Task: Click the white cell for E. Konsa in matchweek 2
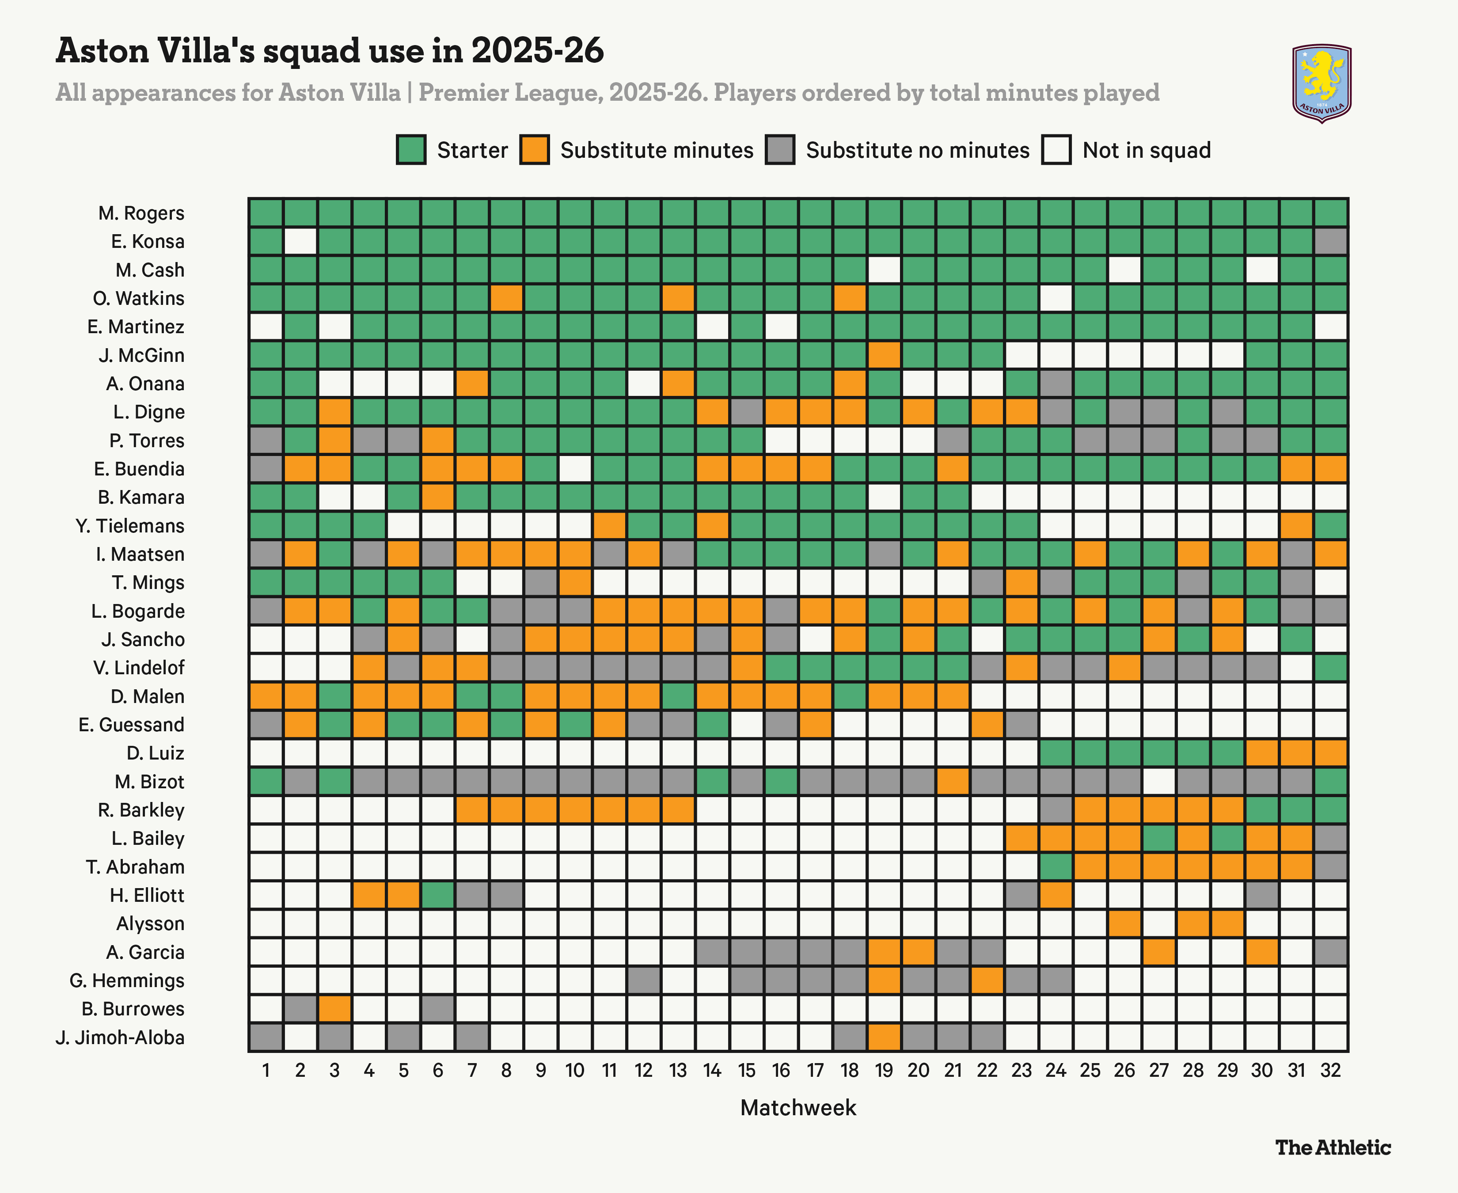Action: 300,241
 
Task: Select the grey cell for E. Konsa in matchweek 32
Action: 1330,241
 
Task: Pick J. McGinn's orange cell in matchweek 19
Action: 884,355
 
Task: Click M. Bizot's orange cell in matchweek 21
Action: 953,781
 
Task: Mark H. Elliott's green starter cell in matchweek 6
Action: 438,895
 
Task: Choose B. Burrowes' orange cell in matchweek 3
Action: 334,1009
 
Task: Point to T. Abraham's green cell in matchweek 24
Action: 1056,866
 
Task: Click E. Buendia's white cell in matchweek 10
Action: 575,469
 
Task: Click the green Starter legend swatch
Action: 411,150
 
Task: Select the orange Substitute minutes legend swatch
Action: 535,150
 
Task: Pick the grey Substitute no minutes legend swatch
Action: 780,150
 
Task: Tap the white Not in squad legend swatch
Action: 1056,150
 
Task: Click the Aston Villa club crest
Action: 1321,83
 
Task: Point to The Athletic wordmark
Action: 1333,1147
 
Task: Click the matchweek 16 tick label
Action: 781,1071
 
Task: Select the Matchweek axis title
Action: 798,1108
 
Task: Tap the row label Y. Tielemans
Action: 130,526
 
